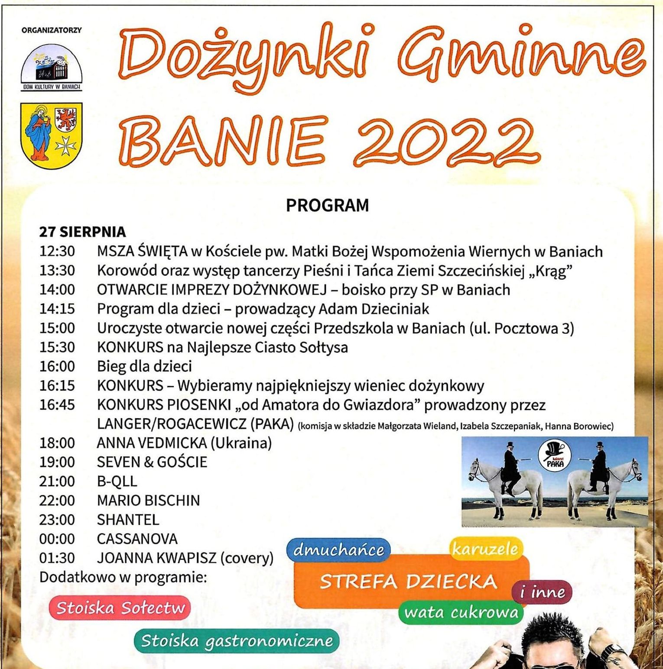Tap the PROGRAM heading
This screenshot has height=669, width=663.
327,205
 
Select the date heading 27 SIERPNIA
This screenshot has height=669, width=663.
82,232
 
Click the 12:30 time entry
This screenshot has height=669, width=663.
57,251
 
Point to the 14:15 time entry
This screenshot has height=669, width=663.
57,309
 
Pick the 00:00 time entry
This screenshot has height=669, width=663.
57,539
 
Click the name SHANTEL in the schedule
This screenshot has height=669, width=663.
128,519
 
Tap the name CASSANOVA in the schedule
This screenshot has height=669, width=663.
137,539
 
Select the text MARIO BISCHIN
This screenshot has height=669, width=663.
148,500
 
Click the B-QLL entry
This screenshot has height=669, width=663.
117,481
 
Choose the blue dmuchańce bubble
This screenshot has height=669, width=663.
338,549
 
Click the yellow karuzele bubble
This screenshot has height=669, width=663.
485,549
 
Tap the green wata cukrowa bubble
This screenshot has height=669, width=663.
461,612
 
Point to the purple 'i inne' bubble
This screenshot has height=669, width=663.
542,592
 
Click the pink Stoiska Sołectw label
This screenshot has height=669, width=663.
120,608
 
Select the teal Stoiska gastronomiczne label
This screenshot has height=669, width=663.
237,640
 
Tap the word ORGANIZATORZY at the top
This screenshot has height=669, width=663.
52,30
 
